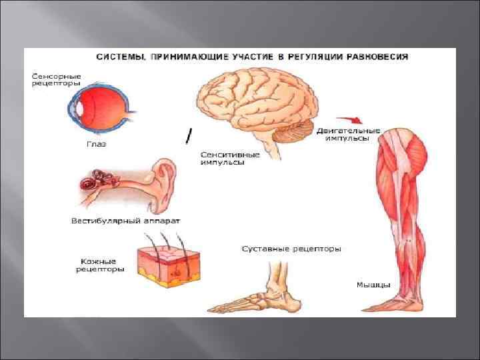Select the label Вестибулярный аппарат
[125, 220]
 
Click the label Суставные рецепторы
[291, 249]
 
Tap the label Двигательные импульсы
[348, 134]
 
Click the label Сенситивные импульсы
[223, 158]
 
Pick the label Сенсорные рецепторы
[56, 80]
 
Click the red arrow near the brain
[350, 119]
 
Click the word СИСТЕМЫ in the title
[117, 57]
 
